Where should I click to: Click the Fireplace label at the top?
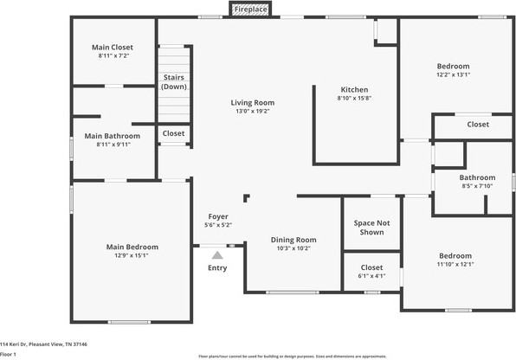pos(251,9)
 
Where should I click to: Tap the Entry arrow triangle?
pos(217,255)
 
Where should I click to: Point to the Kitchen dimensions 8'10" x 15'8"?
pos(354,98)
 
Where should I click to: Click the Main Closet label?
pos(113,48)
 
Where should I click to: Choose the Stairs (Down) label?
pos(174,82)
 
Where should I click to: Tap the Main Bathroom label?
pos(113,136)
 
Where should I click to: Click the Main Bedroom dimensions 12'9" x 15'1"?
pos(132,255)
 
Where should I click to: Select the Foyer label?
pos(218,216)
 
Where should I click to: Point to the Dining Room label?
pos(294,240)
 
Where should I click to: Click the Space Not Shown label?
pos(370,228)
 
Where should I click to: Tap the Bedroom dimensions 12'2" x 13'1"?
pos(453,75)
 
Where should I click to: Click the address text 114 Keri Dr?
pos(43,343)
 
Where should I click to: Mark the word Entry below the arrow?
pos(217,267)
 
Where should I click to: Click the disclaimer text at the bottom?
pos(292,356)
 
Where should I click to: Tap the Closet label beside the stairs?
pos(174,133)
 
